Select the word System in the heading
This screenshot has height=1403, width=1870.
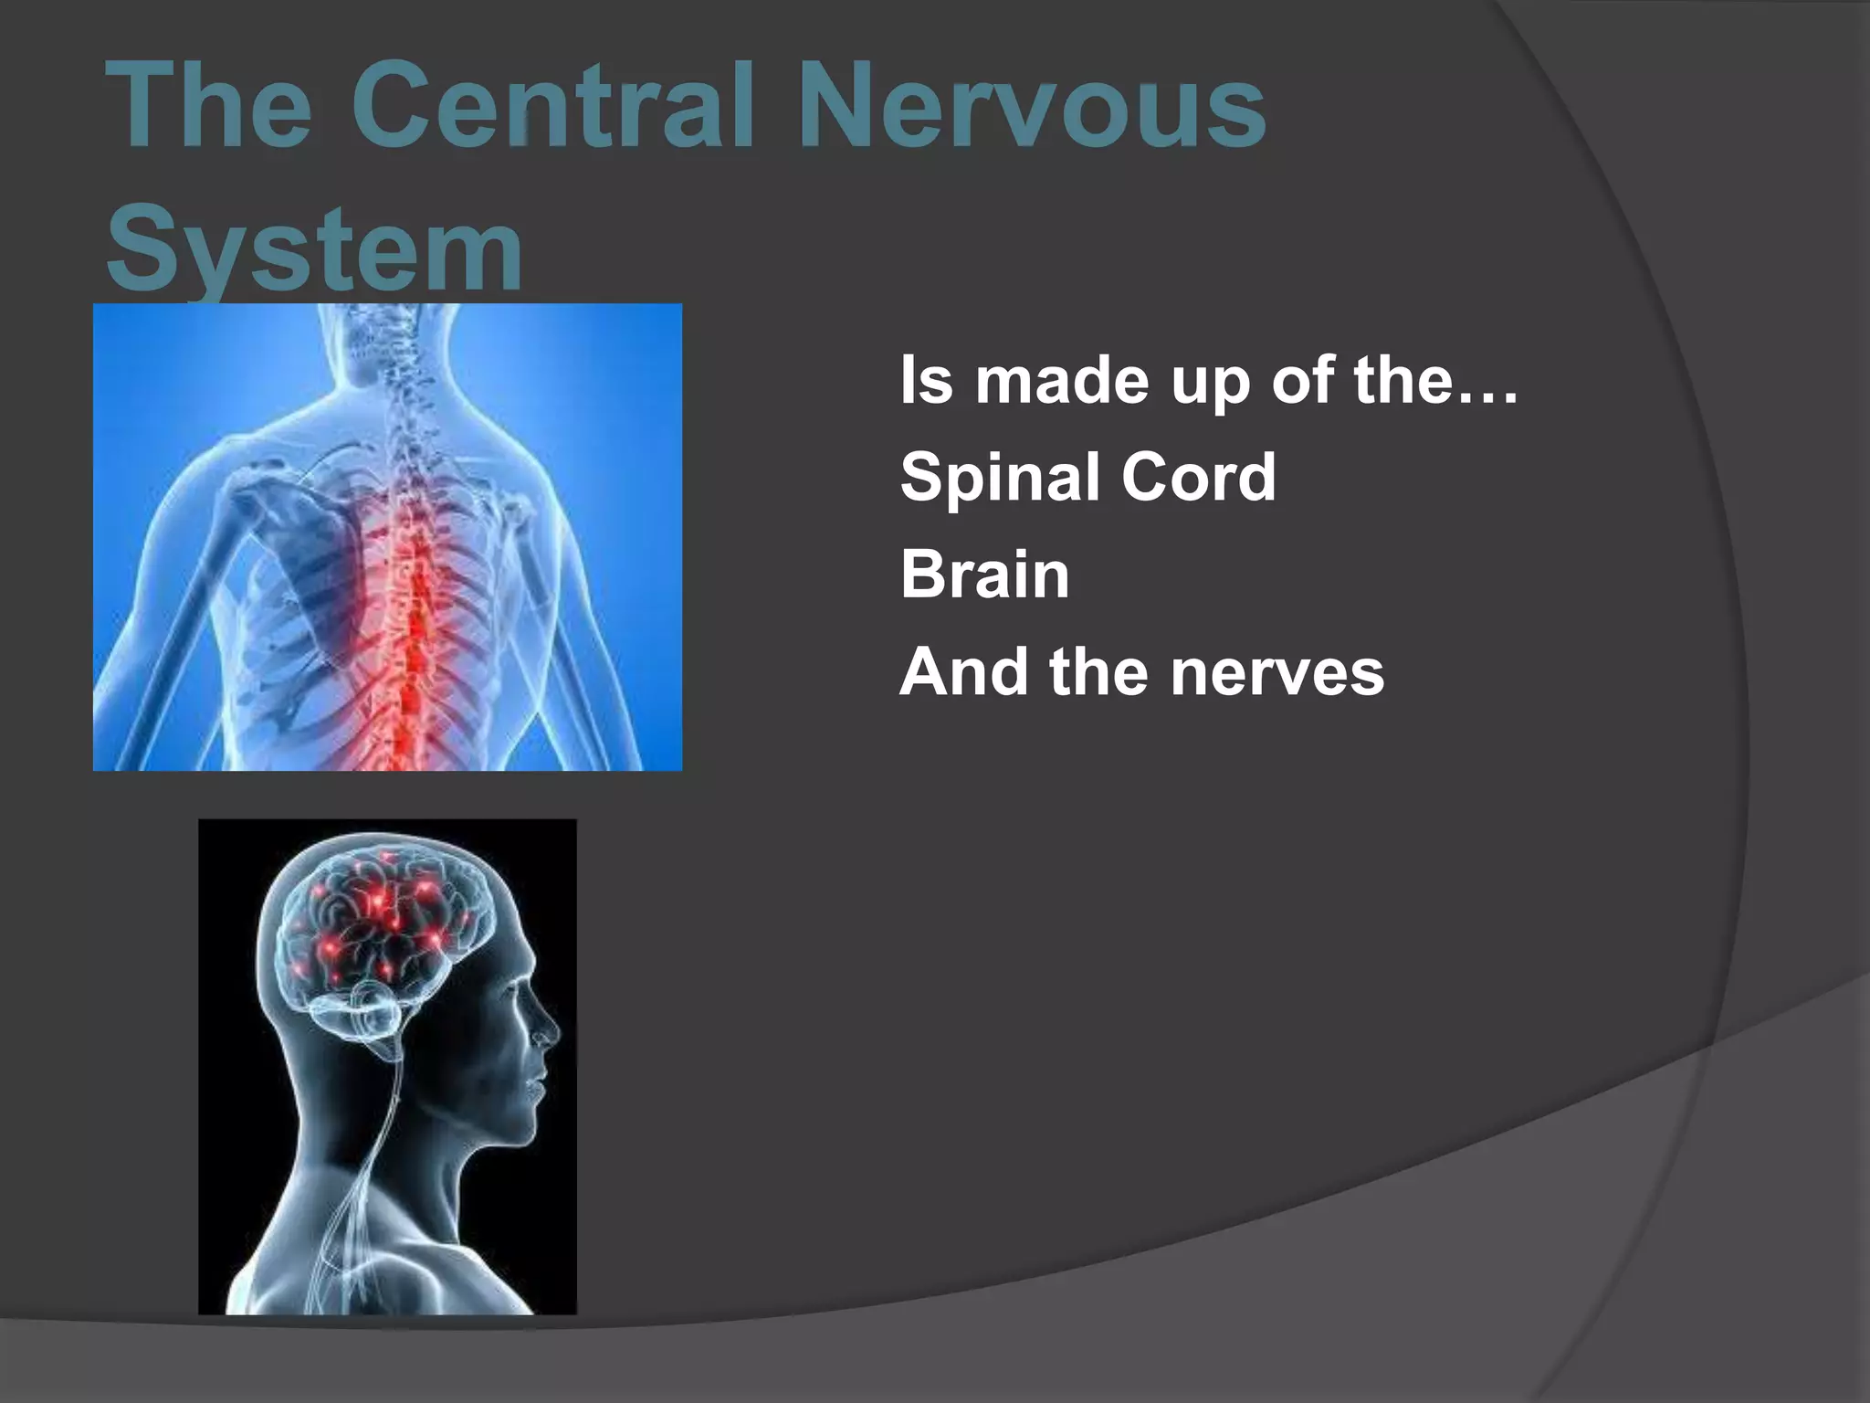coord(315,248)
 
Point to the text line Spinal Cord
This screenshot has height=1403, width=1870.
coord(1087,477)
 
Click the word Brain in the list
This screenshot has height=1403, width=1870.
coord(984,575)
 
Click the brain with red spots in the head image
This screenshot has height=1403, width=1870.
coord(383,923)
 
